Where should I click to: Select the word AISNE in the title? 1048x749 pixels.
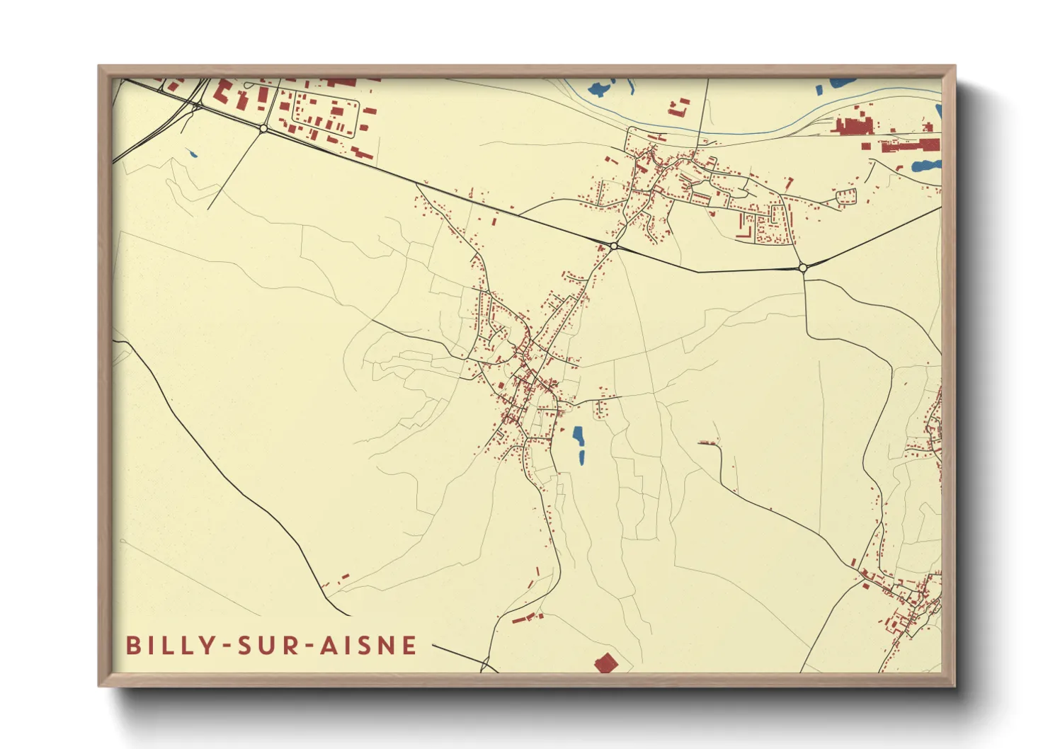(368, 646)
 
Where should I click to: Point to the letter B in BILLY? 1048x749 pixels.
(132, 646)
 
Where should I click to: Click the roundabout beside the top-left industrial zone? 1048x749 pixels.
(263, 128)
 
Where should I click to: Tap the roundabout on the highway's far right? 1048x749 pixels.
(803, 268)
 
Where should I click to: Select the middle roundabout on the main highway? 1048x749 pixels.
(613, 246)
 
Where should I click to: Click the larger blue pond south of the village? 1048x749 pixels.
(579, 437)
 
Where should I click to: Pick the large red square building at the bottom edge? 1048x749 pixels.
(605, 663)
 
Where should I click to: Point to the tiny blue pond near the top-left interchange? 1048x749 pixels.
(191, 154)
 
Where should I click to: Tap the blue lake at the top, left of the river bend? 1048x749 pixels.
(598, 89)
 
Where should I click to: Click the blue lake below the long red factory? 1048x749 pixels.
(925, 166)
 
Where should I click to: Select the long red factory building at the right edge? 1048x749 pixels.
(910, 146)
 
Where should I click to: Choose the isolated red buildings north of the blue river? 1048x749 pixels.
(679, 107)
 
